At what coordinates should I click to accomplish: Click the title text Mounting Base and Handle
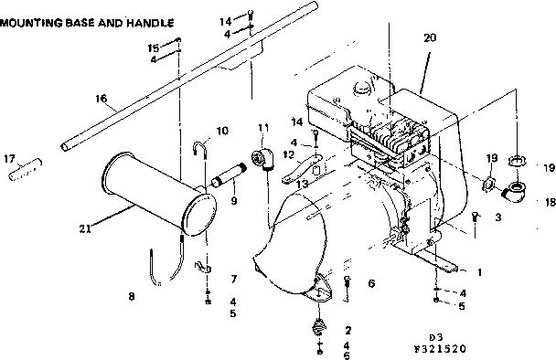pos(86,17)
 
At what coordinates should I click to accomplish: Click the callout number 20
pos(431,38)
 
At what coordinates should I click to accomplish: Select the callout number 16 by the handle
pos(101,99)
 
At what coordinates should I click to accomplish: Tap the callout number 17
pos(10,158)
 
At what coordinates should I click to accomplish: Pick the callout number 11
pos(263,127)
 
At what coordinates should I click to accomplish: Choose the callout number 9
pos(233,201)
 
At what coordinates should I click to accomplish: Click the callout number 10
pos(222,130)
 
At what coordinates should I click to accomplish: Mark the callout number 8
pos(132,296)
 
